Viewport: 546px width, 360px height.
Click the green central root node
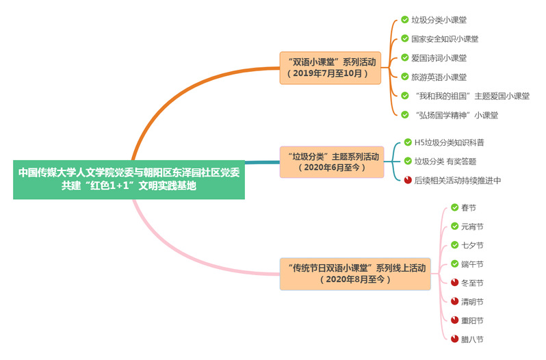tap(129, 179)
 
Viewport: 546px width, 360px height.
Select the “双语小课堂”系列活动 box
tap(330, 68)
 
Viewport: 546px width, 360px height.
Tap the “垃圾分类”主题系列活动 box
tap(332, 162)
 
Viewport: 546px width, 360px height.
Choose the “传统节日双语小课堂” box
tap(355, 274)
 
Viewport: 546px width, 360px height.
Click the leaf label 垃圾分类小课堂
tap(439, 20)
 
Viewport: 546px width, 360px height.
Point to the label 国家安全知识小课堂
tap(445, 38)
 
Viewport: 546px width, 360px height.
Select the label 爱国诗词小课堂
tap(439, 57)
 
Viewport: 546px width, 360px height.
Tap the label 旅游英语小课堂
tap(439, 77)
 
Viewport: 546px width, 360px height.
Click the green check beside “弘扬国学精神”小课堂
tap(404, 114)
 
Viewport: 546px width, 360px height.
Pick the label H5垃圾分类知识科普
tap(450, 142)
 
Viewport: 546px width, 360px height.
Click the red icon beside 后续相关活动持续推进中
tap(408, 180)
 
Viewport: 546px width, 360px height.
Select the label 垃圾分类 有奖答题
tap(445, 162)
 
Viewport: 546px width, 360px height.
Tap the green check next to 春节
tap(454, 207)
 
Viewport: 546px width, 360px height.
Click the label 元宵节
tap(472, 227)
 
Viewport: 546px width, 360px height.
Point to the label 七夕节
tap(472, 246)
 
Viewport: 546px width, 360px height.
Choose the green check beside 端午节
tap(454, 264)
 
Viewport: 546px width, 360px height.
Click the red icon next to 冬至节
tap(454, 283)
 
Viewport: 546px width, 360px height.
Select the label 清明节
tap(472, 302)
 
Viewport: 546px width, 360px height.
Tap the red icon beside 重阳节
tap(454, 320)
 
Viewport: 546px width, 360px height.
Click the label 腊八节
tap(472, 339)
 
